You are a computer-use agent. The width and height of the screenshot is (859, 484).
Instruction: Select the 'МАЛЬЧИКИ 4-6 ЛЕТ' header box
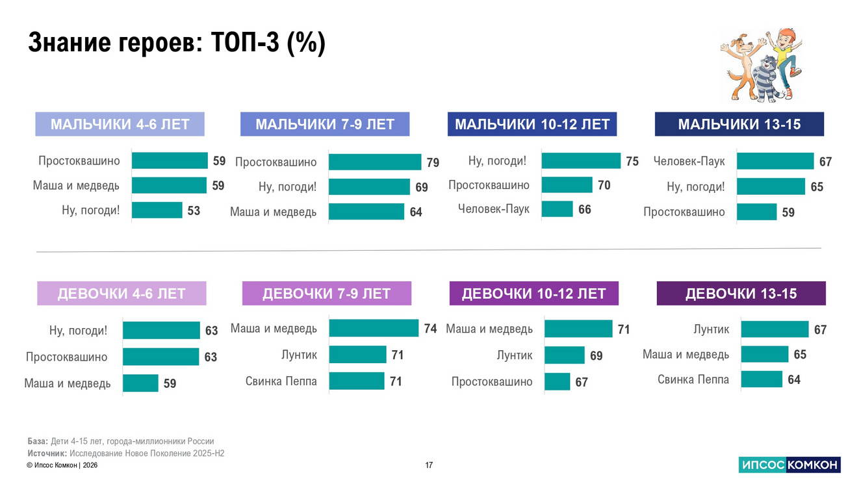click(x=120, y=124)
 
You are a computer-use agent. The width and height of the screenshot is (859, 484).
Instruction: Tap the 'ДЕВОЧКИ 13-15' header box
click(x=741, y=294)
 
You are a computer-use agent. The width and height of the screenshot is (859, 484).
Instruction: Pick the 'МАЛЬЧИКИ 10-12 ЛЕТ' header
click(x=532, y=124)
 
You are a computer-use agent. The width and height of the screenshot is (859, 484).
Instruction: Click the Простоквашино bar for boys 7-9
click(x=375, y=162)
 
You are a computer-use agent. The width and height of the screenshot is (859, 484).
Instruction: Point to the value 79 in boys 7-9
click(x=433, y=162)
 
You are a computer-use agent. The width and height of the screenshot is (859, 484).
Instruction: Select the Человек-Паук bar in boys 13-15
click(x=775, y=161)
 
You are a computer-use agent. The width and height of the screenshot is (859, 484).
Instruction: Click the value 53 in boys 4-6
click(x=194, y=210)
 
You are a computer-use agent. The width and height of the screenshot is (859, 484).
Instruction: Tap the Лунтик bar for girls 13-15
click(x=775, y=329)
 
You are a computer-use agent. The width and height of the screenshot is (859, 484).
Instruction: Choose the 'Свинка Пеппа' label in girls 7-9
click(x=281, y=381)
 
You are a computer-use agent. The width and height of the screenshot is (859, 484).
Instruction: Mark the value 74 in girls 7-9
click(x=430, y=329)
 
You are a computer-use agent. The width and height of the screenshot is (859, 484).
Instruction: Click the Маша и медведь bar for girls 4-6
click(x=140, y=383)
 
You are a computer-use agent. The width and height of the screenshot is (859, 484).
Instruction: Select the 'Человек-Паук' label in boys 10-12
click(x=494, y=209)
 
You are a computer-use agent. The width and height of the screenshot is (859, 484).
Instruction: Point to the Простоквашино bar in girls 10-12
click(x=557, y=382)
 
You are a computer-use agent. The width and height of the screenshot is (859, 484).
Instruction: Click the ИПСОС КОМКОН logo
click(x=789, y=465)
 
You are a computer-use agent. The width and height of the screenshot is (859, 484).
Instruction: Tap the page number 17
click(x=429, y=465)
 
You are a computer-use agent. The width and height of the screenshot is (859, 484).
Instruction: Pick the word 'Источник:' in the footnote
click(x=47, y=453)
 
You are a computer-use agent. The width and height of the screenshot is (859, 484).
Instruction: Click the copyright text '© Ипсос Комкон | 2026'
click(x=62, y=466)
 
